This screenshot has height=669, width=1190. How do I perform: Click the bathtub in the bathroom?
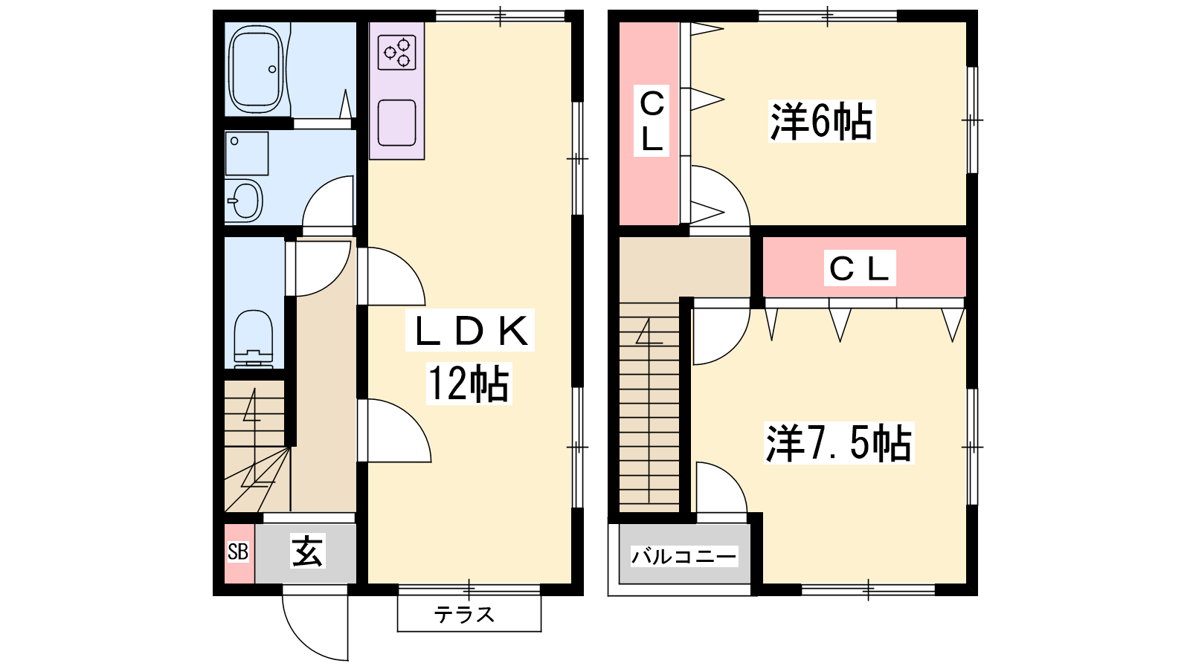point(256,69)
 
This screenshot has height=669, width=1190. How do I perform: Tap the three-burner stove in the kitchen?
point(397,52)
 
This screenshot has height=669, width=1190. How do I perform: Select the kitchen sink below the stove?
point(397,123)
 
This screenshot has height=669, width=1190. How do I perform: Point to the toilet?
point(254,339)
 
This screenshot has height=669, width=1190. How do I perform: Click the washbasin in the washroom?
point(244,200)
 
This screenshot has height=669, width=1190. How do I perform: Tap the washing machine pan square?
point(246,153)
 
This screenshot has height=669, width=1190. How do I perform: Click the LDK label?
point(470,330)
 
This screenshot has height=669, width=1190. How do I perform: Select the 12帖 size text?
point(469,384)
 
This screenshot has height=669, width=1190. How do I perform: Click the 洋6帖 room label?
point(821,122)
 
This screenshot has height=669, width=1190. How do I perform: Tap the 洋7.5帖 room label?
point(839,443)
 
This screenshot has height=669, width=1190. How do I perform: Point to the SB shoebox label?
point(238,552)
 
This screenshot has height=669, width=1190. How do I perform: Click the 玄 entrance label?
point(308,551)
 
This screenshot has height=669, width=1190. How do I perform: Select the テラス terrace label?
point(464,615)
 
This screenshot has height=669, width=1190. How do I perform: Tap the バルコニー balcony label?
point(684,557)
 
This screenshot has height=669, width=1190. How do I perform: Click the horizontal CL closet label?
point(860,268)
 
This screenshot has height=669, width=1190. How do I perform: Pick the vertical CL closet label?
point(652,121)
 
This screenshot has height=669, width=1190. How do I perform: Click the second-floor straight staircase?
point(649,407)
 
